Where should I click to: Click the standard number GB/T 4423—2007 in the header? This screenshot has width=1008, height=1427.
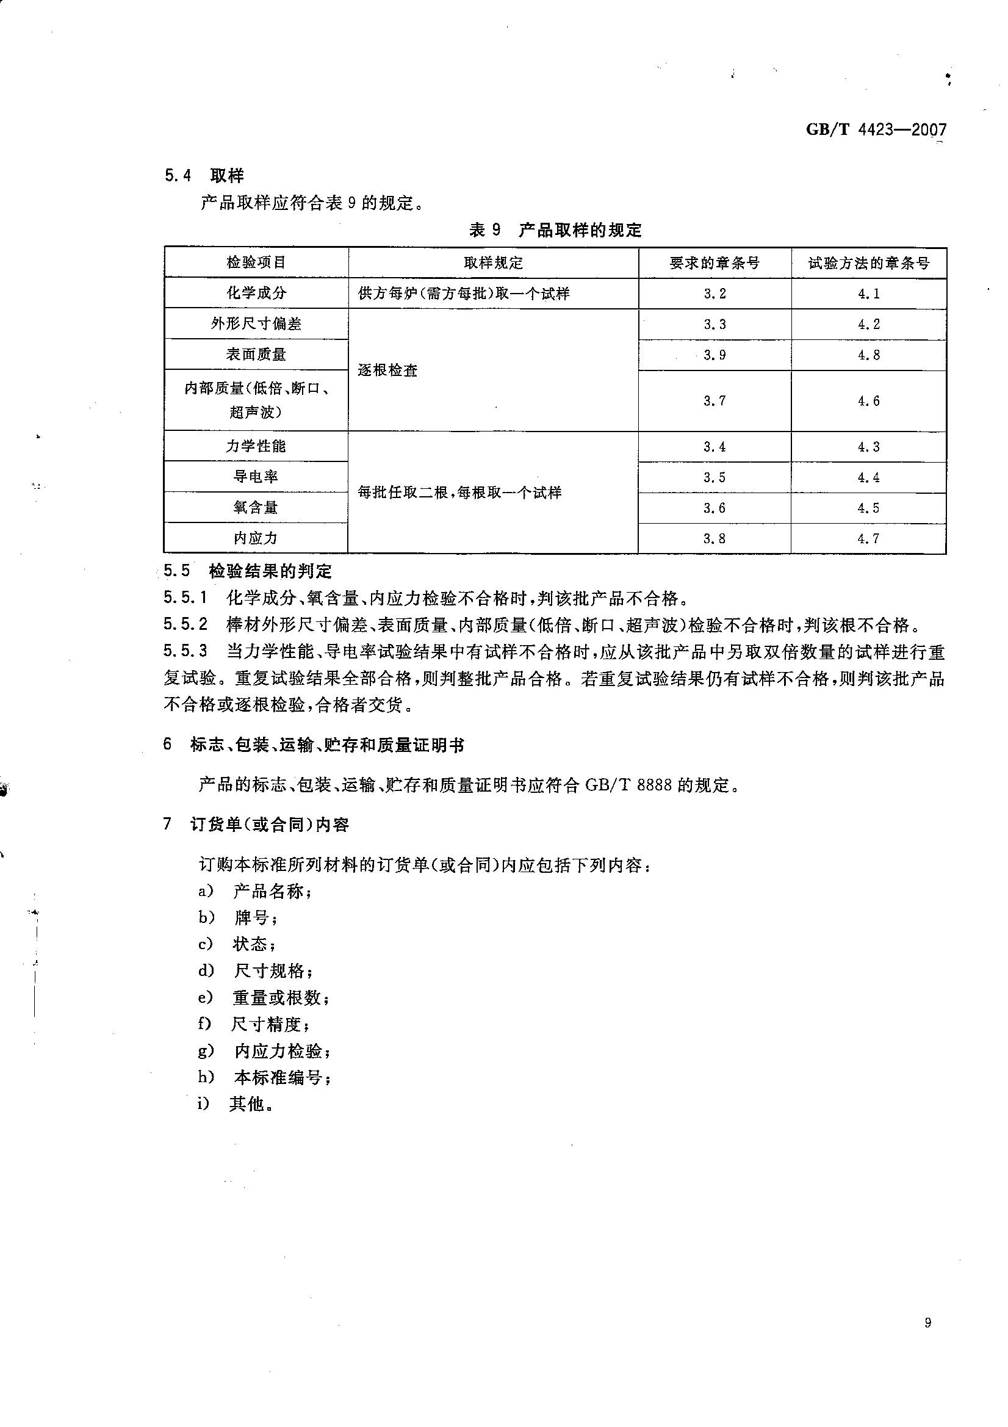(876, 130)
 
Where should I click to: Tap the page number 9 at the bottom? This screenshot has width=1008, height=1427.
(928, 1340)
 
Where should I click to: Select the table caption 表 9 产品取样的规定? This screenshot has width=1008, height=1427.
(555, 230)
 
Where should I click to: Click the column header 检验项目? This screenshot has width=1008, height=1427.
(256, 262)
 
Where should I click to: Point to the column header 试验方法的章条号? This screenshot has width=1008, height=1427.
(868, 263)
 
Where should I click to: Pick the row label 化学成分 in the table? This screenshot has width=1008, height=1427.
(256, 293)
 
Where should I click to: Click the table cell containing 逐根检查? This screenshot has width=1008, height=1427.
(388, 370)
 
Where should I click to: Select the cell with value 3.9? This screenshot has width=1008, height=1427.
(715, 355)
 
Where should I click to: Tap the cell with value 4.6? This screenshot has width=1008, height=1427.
(868, 401)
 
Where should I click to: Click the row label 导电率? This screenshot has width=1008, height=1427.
(256, 477)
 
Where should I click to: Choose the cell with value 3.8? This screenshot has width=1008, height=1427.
(715, 538)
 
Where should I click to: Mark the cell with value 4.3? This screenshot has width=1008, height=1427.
(868, 447)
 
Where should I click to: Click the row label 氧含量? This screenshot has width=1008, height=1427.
(256, 508)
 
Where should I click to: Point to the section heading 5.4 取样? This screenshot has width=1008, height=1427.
(204, 176)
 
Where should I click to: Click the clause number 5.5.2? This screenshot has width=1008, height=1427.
(185, 624)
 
